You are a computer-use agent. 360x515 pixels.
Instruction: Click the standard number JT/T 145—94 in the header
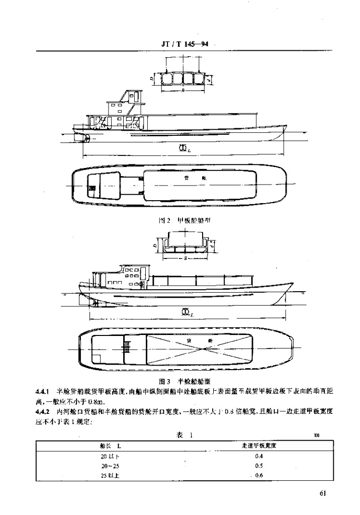[x=185, y=44]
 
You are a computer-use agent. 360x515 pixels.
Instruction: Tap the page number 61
[x=323, y=493]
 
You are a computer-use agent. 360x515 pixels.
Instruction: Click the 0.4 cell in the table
[x=259, y=456]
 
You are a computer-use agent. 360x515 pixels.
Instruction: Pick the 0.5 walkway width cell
[x=259, y=466]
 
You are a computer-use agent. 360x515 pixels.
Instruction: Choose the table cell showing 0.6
[x=259, y=476]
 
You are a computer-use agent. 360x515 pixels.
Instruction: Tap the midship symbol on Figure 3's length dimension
[x=185, y=313]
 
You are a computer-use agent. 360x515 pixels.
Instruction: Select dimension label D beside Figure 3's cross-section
[x=152, y=245]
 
